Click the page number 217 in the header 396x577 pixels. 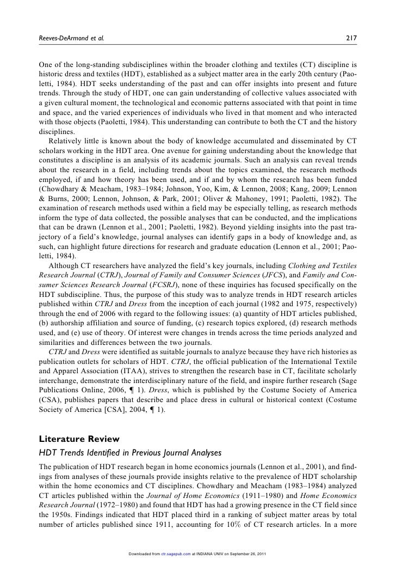[352, 38]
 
